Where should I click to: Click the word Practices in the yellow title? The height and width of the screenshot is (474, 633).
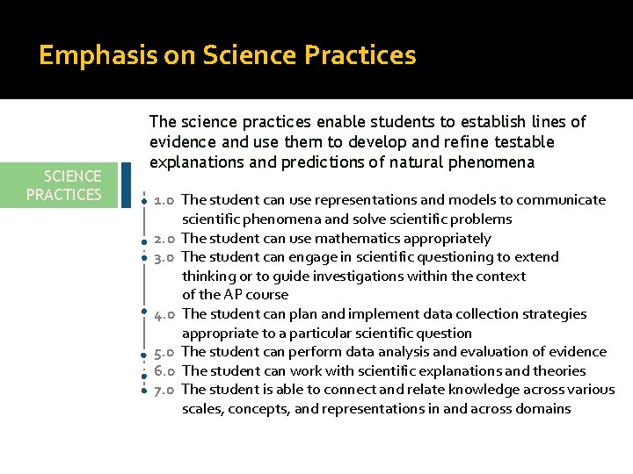click(360, 56)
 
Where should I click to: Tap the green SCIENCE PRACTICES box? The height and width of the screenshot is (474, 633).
click(64, 185)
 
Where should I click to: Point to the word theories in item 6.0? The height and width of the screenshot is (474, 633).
click(557, 371)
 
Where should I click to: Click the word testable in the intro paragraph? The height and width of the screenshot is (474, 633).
click(523, 142)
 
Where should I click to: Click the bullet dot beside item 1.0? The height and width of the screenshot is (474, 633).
click(142, 202)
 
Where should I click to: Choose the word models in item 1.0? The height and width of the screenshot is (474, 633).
click(443, 200)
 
